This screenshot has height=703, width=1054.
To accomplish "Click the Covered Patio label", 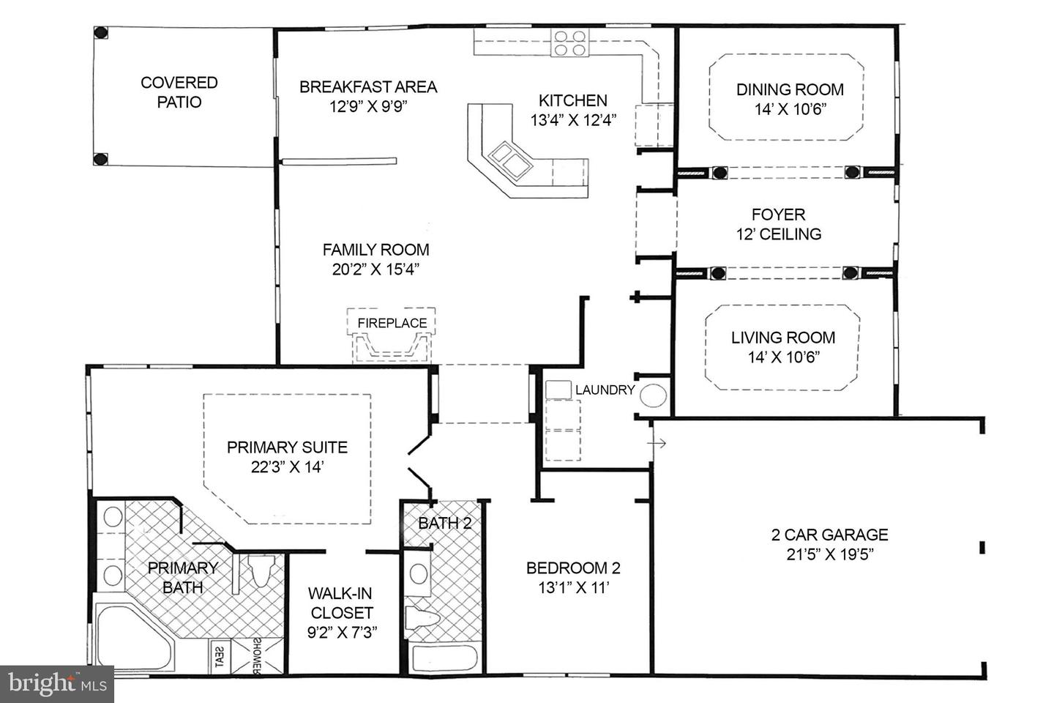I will (179, 92).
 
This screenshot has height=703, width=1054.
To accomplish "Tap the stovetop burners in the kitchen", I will (569, 43).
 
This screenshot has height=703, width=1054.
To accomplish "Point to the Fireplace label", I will (392, 323).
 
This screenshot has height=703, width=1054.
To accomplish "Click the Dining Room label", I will (790, 89).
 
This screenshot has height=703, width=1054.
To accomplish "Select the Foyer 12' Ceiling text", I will (778, 224).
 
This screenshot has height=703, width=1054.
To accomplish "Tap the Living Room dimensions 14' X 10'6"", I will (783, 357).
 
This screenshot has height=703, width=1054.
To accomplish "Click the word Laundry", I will (605, 390).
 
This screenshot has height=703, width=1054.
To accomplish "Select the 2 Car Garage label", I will (829, 535).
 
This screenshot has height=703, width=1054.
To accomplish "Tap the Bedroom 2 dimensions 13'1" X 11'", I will (573, 587).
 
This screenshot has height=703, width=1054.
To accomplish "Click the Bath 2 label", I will (444, 523).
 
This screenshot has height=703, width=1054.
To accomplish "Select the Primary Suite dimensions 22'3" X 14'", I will (287, 467).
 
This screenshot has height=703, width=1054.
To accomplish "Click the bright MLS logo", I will (56, 684).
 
